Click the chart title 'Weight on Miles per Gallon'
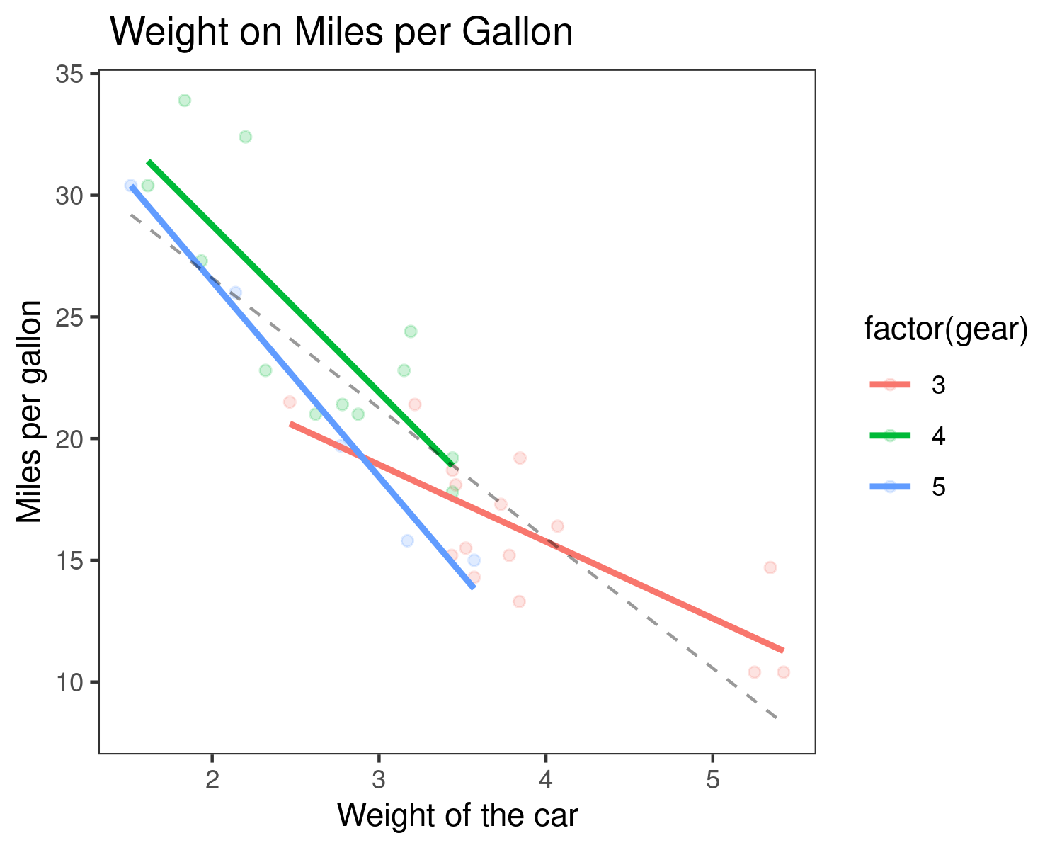click(x=341, y=33)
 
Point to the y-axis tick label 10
click(x=69, y=682)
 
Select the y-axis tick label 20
click(x=69, y=439)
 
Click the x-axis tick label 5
click(x=712, y=779)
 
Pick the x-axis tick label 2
click(x=212, y=779)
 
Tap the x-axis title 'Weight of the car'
click(x=457, y=815)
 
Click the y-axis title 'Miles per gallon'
click(x=30, y=412)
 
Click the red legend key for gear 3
click(x=890, y=385)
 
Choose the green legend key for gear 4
click(x=890, y=436)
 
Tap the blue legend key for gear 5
click(x=890, y=487)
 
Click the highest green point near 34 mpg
click(x=185, y=101)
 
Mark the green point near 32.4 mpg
click(x=246, y=137)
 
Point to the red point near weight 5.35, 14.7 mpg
click(x=770, y=567)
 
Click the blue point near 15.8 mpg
click(x=407, y=540)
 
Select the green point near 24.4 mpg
click(x=411, y=331)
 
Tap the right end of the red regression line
click(x=782, y=650)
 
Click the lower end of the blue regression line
click(x=473, y=587)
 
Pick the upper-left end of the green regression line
click(x=149, y=162)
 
